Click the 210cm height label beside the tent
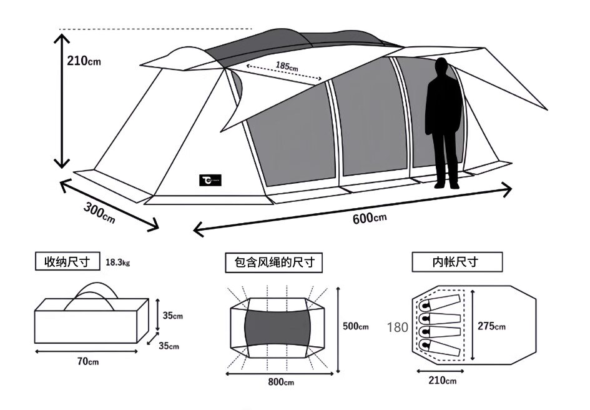[84, 61]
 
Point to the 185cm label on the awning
[287, 66]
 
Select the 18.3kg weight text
[118, 262]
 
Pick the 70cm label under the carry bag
[88, 361]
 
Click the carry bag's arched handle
[91, 291]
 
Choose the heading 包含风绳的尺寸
[274, 262]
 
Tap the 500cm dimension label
[356, 326]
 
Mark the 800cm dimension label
[280, 382]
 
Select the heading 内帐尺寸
[458, 262]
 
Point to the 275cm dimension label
[491, 326]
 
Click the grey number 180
[398, 326]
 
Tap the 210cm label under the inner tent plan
[442, 381]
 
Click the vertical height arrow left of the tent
[61, 100]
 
